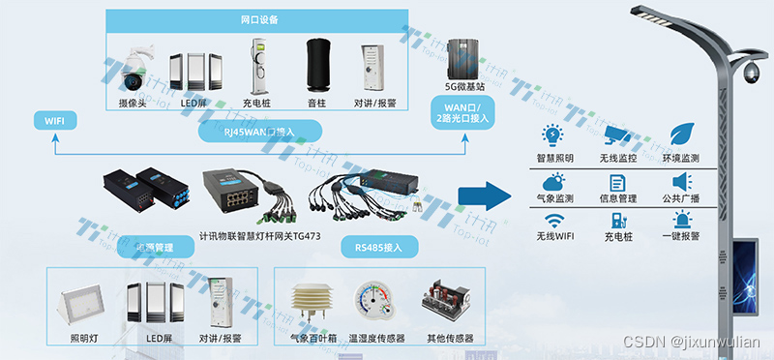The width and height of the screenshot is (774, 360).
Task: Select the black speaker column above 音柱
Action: pos(319,65)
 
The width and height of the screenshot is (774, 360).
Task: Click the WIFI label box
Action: pos(48,120)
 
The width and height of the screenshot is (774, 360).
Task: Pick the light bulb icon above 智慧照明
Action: pos(553,134)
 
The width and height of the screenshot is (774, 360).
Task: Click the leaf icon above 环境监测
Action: pos(680,134)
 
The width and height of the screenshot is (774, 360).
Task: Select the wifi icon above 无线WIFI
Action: pos(554,220)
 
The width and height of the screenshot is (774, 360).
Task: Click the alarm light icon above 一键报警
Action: pos(681,220)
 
